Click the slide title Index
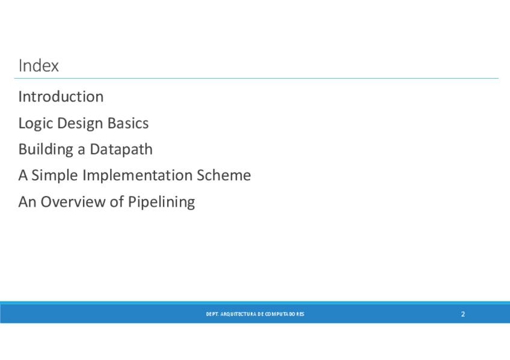38,66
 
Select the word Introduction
61,97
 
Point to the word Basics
128,123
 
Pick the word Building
46,150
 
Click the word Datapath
121,150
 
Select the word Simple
55,175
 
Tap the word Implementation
138,175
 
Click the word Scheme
224,175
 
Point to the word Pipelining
162,203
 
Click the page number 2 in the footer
463,314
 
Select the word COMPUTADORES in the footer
284,314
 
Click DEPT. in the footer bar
212,314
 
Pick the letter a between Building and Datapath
81,151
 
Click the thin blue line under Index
256,78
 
